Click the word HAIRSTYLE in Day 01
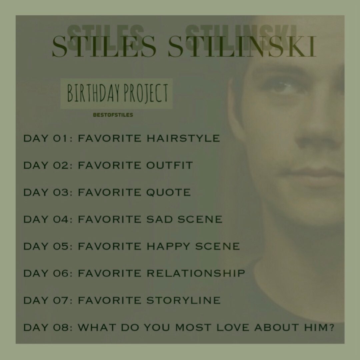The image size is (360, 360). click(183, 138)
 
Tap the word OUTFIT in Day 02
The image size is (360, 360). click(169, 165)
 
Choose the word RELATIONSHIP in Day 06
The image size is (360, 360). click(196, 273)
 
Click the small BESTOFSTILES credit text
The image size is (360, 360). click(113, 115)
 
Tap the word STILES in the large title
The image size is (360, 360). click(104, 46)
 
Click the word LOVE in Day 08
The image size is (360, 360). click(233, 327)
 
